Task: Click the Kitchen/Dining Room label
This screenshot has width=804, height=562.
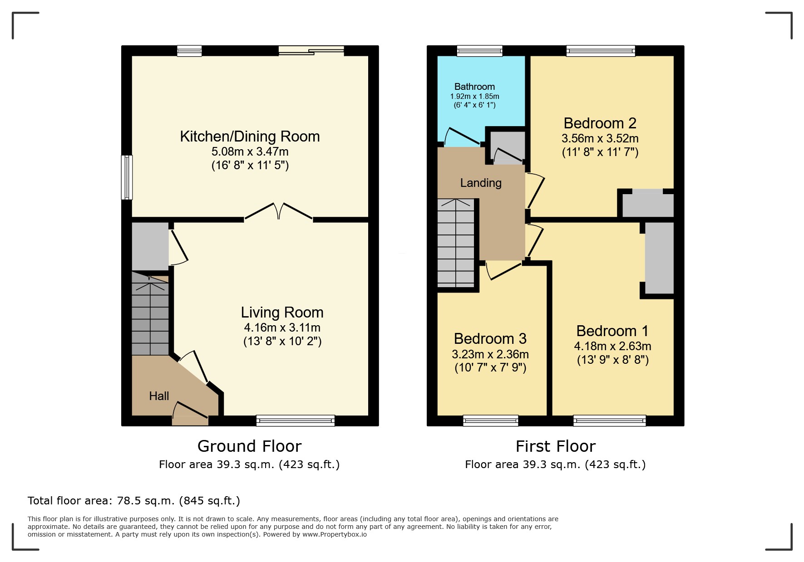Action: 250,137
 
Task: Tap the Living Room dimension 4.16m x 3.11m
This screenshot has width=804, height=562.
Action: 282,327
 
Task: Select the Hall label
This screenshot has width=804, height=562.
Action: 159,396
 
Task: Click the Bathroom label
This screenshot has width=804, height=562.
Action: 474,87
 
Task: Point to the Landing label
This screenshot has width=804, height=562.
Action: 481,183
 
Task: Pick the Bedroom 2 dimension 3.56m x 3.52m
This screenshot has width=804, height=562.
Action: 600,138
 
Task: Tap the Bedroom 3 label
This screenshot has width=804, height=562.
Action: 490,339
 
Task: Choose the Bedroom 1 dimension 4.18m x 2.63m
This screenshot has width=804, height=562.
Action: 612,346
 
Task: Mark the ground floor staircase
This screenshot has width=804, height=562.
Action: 150,313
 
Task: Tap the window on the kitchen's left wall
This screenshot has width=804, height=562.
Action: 127,177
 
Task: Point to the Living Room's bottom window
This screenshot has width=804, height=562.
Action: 296,421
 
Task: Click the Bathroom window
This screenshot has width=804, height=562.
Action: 480,50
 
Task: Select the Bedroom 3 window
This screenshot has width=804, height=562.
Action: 491,421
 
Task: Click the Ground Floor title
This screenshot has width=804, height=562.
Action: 249,446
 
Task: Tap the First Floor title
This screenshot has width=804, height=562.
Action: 555,446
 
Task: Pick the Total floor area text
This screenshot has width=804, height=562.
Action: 134,501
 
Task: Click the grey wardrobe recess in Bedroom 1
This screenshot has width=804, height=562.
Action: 659,258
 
